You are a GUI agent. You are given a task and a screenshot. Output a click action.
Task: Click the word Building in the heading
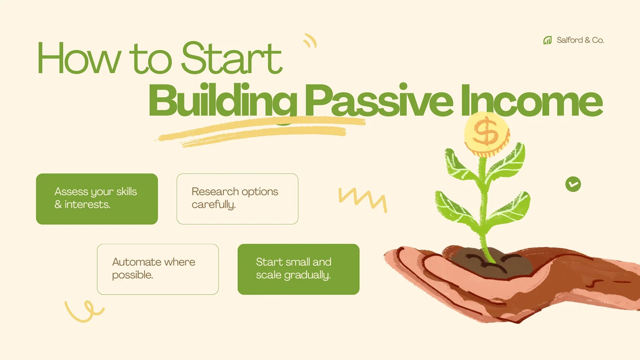pyautogui.click(x=222, y=101)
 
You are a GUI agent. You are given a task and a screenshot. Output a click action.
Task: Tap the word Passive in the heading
pyautogui.click(x=378, y=101)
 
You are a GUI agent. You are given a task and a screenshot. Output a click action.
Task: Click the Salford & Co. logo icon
pyautogui.click(x=547, y=40)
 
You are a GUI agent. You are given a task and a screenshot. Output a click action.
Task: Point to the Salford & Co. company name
pyautogui.click(x=580, y=40)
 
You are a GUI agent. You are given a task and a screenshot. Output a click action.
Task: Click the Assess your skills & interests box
pyautogui.click(x=97, y=199)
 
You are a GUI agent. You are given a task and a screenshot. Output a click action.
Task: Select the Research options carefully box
pyautogui.click(x=237, y=199)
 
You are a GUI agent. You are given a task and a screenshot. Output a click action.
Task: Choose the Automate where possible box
pyautogui.click(x=158, y=269)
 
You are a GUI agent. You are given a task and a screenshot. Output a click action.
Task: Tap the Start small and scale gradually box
pyautogui.click(x=298, y=269)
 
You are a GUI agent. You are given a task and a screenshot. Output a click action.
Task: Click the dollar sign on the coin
pyautogui.click(x=485, y=132)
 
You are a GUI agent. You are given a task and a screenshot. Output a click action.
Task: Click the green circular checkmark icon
pyautogui.click(x=573, y=184)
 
